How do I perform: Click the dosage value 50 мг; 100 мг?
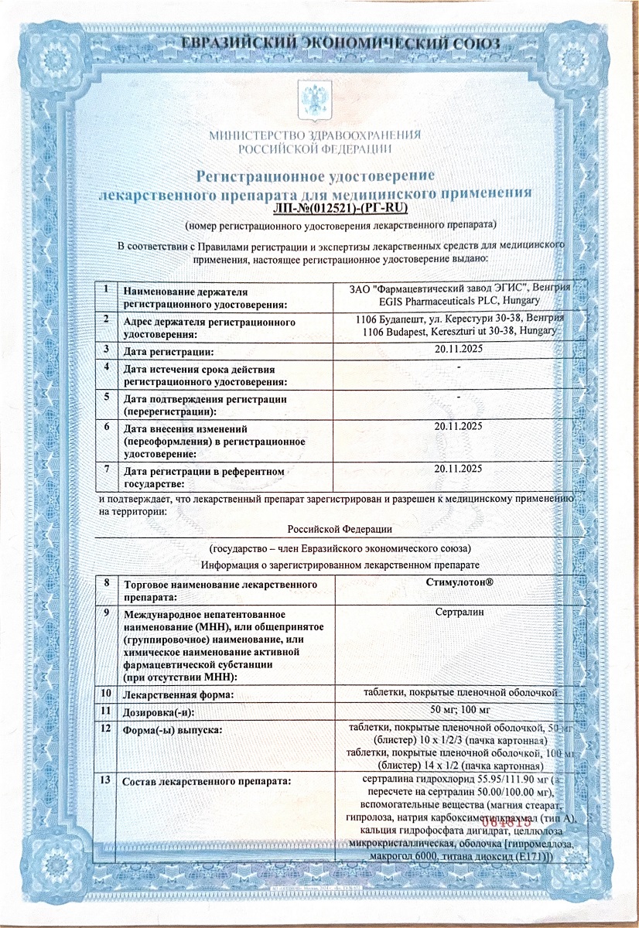tap(459, 710)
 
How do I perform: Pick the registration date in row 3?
tap(459, 351)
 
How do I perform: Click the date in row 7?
tap(459, 469)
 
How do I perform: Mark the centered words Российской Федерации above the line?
tap(340, 529)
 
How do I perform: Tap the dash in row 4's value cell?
tap(459, 367)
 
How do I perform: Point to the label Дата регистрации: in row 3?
tap(169, 353)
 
